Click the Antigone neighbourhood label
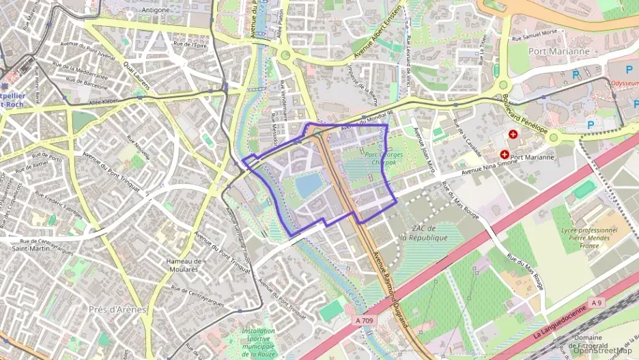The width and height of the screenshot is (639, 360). click(x=157, y=10)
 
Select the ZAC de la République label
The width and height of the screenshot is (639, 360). click(x=423, y=233)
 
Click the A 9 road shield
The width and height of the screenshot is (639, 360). click(x=597, y=303)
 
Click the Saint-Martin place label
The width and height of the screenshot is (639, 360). click(x=29, y=249)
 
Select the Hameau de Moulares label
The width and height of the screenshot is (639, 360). click(x=184, y=265)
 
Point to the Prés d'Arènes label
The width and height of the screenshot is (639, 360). click(x=117, y=309)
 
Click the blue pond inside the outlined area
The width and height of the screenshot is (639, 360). click(x=309, y=183)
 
